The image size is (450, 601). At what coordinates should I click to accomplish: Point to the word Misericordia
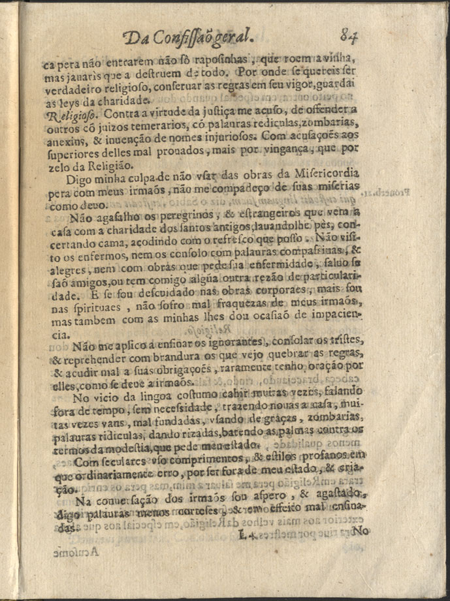tap(330, 178)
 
